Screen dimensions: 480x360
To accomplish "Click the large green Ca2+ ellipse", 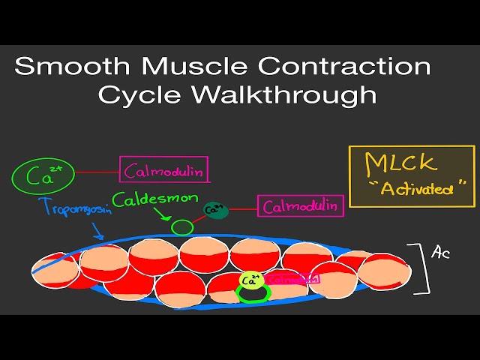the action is pos(42,176).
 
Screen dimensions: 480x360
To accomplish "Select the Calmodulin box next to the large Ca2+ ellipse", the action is pos(164,169).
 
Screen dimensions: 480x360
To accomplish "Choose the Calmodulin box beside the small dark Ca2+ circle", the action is pos(301,205).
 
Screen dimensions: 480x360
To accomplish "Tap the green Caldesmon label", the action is pos(156,199).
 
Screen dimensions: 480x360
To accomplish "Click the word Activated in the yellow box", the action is pos(417,188).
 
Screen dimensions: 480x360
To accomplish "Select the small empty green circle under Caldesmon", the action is pos(181,226).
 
